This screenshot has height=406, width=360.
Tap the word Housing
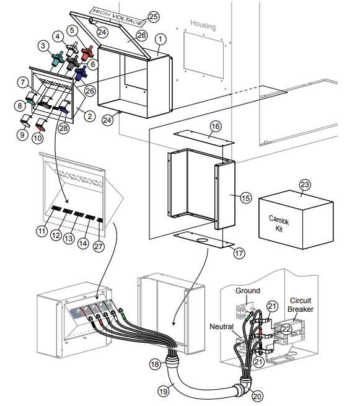[203, 25]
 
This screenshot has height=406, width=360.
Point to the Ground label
[248, 290]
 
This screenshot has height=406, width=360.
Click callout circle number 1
[160, 38]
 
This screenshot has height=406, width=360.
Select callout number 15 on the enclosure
[245, 198]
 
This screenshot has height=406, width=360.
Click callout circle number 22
[286, 329]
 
